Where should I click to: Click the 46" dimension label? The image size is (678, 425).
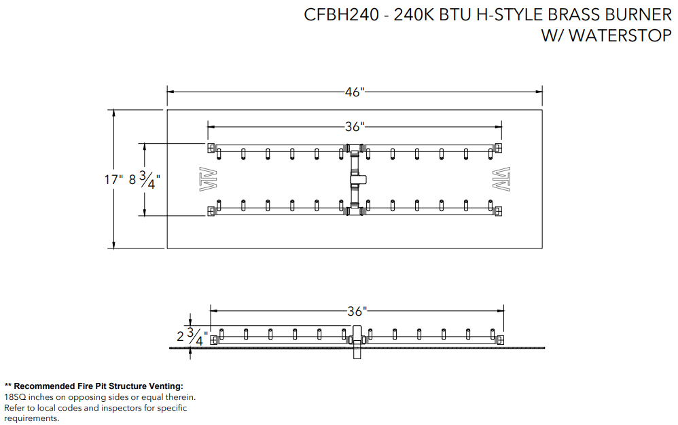(x=355, y=92)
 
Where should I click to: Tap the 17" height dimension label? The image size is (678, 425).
(x=113, y=180)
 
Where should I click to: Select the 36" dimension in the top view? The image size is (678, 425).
(x=355, y=126)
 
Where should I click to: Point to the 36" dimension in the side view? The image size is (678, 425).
(x=357, y=312)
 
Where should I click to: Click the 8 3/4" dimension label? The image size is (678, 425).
(x=145, y=180)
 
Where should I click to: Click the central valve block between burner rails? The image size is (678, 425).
(x=357, y=180)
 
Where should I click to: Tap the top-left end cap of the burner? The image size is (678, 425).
(x=211, y=148)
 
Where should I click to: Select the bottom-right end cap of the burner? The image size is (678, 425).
(x=498, y=211)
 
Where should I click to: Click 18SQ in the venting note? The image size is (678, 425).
(x=16, y=397)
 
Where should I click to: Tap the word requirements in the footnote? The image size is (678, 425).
(x=31, y=418)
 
